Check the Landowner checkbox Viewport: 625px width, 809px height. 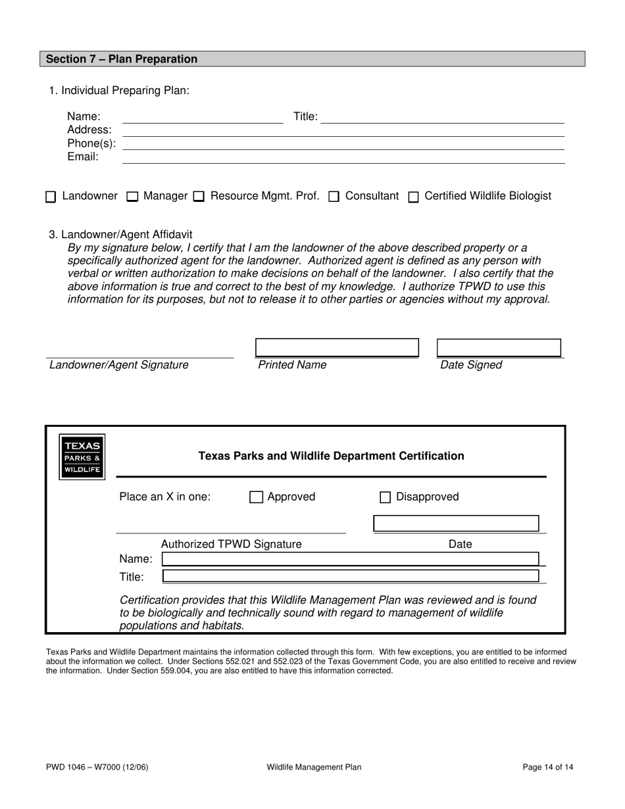pyautogui.click(x=51, y=197)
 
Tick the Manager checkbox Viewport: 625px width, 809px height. pyautogui.click(x=132, y=197)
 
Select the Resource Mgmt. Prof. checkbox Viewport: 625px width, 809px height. pyautogui.click(x=199, y=197)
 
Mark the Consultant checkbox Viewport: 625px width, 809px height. pyautogui.click(x=334, y=197)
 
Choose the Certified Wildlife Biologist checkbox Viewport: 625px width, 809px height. pyautogui.click(x=414, y=197)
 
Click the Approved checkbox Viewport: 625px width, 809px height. pyautogui.click(x=257, y=497)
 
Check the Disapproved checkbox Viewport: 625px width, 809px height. pyautogui.click(x=386, y=497)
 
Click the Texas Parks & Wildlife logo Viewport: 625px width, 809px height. pyautogui.click(x=82, y=457)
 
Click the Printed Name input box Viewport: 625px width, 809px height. pyautogui.click(x=337, y=347)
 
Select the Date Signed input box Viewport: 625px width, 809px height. pyautogui.click(x=499, y=347)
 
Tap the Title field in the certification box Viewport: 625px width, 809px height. pyautogui.click(x=350, y=576)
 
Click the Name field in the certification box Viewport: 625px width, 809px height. pyautogui.click(x=350, y=559)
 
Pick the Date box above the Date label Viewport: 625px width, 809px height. pyautogui.click(x=456, y=524)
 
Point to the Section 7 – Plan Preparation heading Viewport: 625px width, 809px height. pyautogui.click(x=122, y=59)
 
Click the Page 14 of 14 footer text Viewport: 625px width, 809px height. pyautogui.click(x=547, y=767)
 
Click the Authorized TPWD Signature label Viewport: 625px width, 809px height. pyautogui.click(x=231, y=544)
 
